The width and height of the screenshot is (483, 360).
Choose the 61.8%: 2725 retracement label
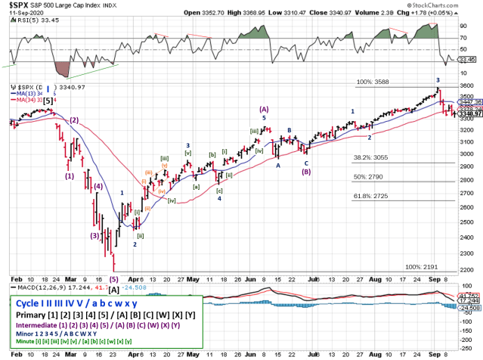373,195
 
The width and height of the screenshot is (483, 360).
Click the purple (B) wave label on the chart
306,171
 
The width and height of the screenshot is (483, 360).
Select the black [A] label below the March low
113,289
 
